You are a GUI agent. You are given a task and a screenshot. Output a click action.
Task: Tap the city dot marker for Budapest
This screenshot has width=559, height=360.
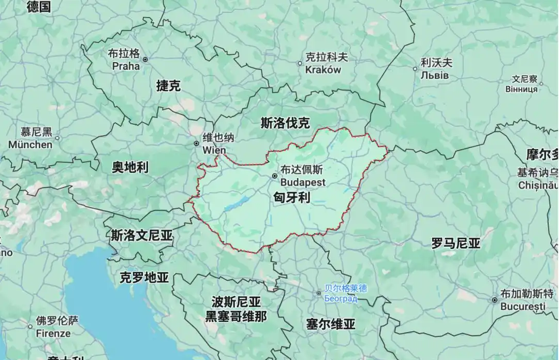click(275, 176)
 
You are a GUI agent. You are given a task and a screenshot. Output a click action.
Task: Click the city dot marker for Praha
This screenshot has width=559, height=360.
click(145, 60)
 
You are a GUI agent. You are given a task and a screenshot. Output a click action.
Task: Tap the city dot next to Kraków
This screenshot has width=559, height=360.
click(300, 64)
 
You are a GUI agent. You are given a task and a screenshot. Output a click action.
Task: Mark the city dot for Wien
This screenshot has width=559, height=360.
click(196, 143)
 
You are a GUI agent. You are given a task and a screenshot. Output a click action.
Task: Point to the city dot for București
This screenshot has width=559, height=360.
click(494, 300)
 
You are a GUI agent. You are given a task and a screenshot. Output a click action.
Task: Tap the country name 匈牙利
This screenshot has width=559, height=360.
click(292, 197)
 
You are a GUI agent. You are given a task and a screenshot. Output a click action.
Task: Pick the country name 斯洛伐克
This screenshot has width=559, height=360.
click(285, 123)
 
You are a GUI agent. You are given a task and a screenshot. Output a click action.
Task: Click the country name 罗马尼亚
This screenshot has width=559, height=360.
click(455, 243)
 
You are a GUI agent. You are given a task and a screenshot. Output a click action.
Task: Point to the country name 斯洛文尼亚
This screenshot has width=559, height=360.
click(142, 236)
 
